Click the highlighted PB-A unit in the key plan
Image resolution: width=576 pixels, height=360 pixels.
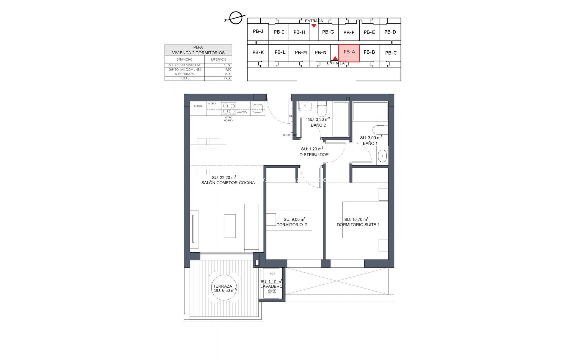[x=349, y=53]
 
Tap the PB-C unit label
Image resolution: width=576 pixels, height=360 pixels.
[x=391, y=53]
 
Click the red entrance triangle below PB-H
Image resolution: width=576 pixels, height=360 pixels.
[x=314, y=26]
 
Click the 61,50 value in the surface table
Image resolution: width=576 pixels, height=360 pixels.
[x=228, y=65]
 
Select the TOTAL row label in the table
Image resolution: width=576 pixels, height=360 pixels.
[x=184, y=78]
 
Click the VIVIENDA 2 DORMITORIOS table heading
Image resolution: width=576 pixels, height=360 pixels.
[x=198, y=52]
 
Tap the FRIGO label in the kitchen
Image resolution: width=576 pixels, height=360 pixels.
[x=198, y=106]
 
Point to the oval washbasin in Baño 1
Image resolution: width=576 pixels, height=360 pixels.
[x=382, y=156]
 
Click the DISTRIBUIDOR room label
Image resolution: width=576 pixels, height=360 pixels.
[x=314, y=155]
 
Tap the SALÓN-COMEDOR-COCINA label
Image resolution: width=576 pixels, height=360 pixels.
[x=228, y=183]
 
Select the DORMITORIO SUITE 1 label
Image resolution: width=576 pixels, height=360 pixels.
[x=358, y=225]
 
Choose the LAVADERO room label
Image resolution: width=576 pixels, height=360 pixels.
[x=271, y=286]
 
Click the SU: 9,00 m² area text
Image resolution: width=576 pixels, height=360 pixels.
[x=294, y=219]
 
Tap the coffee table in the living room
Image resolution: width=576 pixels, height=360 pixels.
[x=229, y=226]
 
